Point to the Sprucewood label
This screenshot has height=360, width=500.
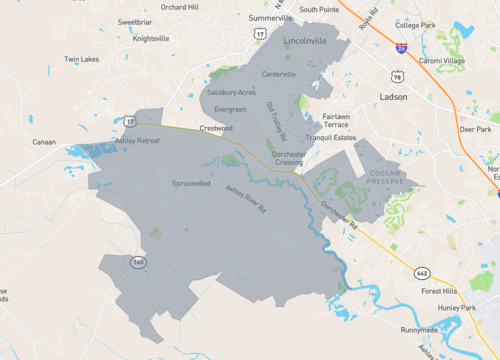coord(190,183)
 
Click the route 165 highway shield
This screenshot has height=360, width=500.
coord(138,262)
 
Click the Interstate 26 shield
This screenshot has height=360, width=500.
coord(400,47)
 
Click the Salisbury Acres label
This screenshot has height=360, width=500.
coord(232,92)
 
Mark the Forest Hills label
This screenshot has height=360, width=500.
coord(440,292)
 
